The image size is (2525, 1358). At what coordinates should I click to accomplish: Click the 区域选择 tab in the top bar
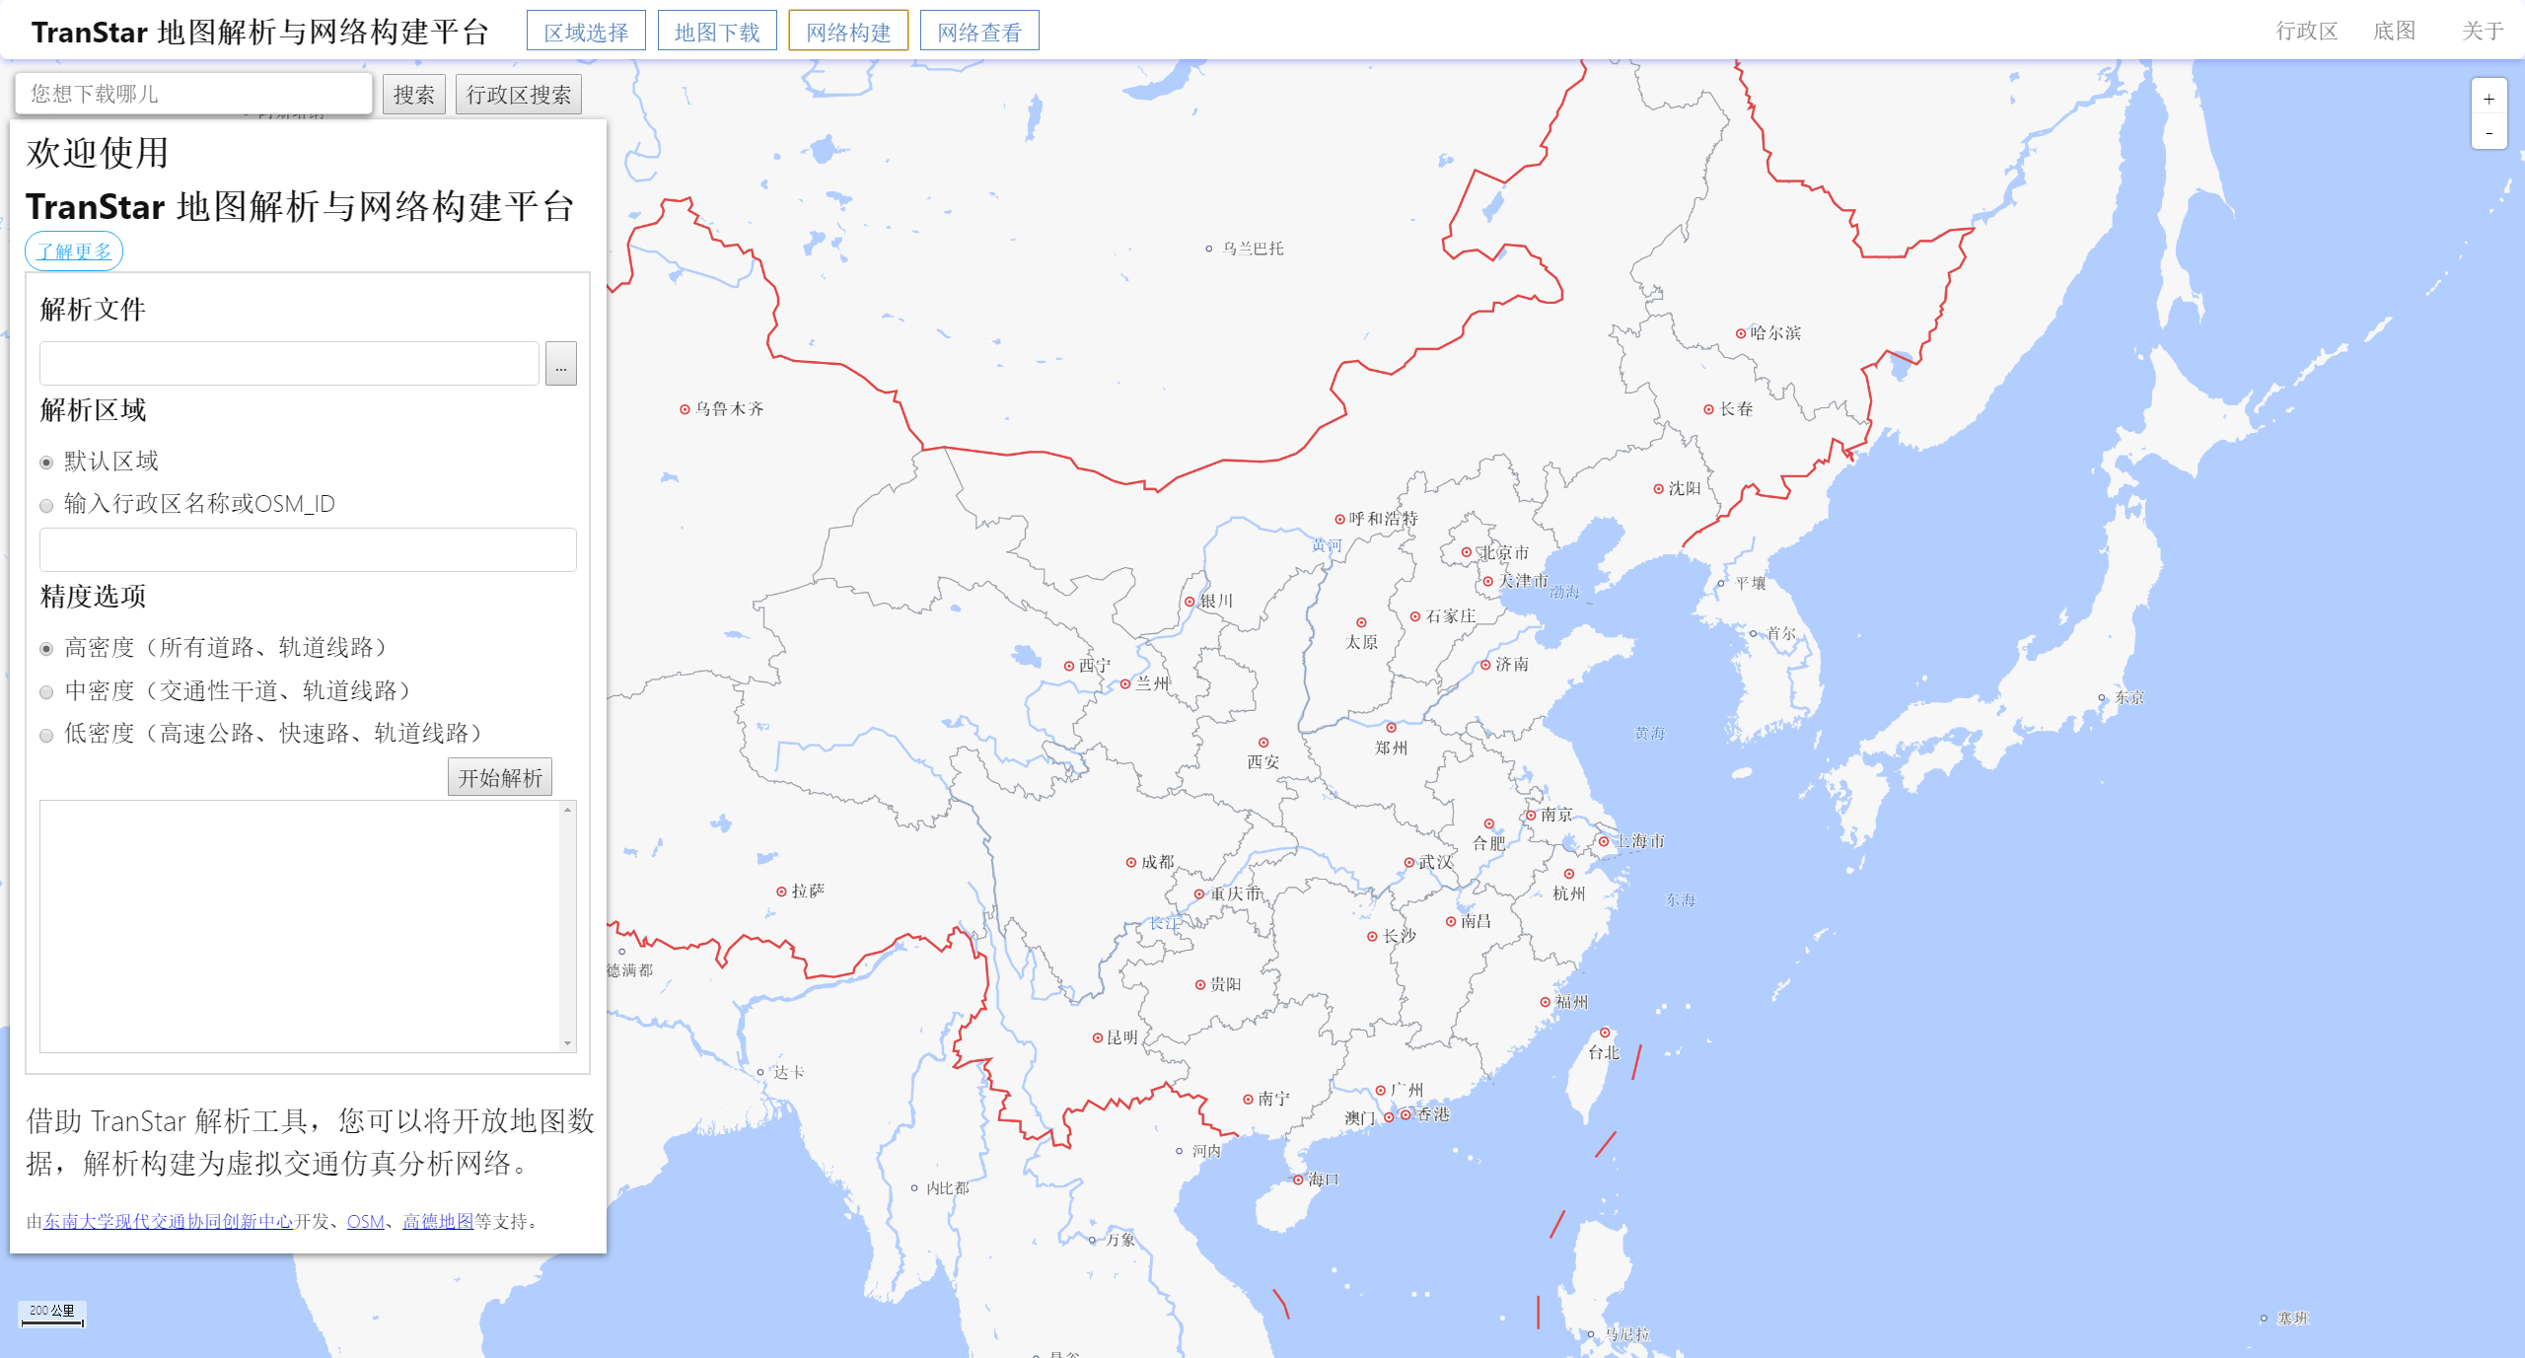pyautogui.click(x=586, y=32)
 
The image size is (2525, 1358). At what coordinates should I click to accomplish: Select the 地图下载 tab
pyautogui.click(x=717, y=32)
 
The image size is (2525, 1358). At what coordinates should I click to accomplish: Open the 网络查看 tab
pyautogui.click(x=978, y=32)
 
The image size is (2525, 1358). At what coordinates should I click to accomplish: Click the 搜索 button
pyautogui.click(x=413, y=95)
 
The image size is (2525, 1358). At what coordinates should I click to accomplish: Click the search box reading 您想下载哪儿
pyautogui.click(x=193, y=94)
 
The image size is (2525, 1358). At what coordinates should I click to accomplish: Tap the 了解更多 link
pyautogui.click(x=74, y=251)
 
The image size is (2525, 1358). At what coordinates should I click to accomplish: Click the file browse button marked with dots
pyautogui.click(x=560, y=364)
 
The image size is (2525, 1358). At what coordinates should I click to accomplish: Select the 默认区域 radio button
pyautogui.click(x=46, y=463)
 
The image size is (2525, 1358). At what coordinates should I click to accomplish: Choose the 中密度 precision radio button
pyautogui.click(x=46, y=692)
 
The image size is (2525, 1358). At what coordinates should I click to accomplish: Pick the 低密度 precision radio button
pyautogui.click(x=46, y=735)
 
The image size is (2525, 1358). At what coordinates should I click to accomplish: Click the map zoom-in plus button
pyautogui.click(x=2489, y=99)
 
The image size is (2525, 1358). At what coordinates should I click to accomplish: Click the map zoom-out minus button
pyautogui.click(x=2489, y=132)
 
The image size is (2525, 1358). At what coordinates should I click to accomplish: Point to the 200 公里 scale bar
pyautogui.click(x=52, y=1315)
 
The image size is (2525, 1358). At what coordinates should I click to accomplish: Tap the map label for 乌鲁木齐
pyautogui.click(x=729, y=408)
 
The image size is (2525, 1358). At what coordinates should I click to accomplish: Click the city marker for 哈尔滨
pyautogui.click(x=1741, y=333)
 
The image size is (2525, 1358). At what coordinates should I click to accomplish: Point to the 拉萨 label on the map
pyautogui.click(x=808, y=891)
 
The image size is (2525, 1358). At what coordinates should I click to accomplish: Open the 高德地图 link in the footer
pyautogui.click(x=438, y=1221)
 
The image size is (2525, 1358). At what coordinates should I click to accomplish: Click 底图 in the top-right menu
pyautogui.click(x=2394, y=32)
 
